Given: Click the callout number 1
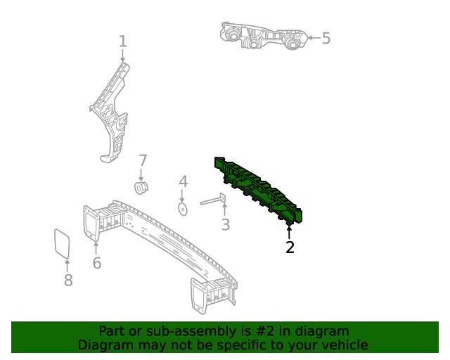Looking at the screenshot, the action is point(123,41).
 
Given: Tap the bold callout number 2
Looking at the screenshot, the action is point(290,247).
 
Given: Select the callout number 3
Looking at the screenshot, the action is point(226,225).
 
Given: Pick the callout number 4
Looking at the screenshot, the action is point(184,181).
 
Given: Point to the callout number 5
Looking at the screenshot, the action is point(326,38).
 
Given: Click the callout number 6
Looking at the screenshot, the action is point(97,263).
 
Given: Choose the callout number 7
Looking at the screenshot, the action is point(143,160).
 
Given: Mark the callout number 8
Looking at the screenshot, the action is point(68,280).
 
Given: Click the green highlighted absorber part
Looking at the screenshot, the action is point(258,189).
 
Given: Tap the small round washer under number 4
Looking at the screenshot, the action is point(183,210).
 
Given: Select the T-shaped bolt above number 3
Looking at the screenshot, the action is point(213,200).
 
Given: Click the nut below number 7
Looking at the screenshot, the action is point(141,188).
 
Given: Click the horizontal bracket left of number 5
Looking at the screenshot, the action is point(264,36).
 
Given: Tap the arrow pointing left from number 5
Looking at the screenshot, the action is point(314,37).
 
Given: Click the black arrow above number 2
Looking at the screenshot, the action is point(289,232).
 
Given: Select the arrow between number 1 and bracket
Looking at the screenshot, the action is point(123,56).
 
